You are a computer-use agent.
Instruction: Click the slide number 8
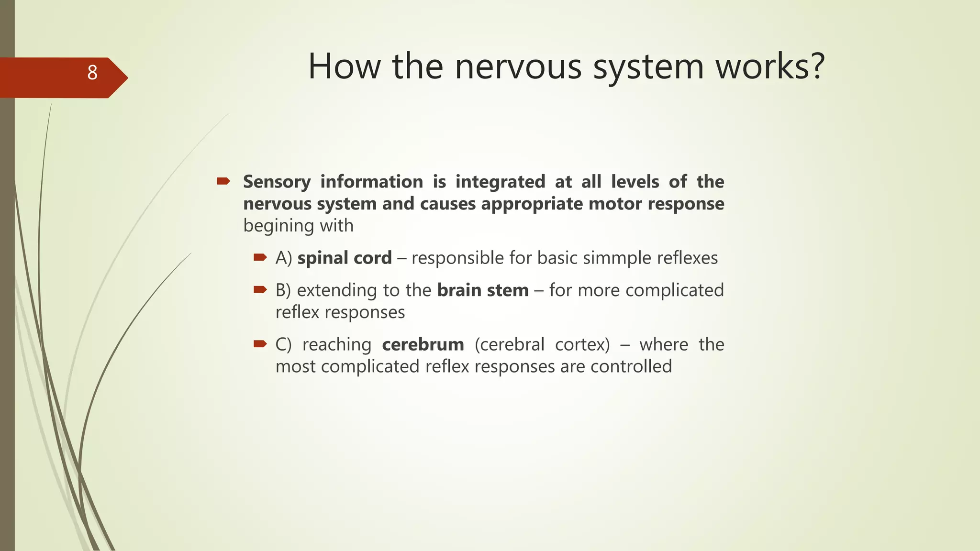pos(92,73)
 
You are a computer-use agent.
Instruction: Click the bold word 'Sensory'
pos(277,182)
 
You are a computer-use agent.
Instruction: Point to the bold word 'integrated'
pos(500,182)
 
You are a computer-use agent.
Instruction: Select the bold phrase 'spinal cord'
pos(345,258)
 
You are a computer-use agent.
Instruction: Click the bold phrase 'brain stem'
pos(483,290)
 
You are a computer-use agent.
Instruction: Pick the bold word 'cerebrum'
pos(423,344)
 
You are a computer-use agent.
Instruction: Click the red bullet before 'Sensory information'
pos(223,181)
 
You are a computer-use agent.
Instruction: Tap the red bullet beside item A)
pos(260,257)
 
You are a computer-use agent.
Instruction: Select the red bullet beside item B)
pos(260,289)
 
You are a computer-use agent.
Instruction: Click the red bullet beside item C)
pos(260,343)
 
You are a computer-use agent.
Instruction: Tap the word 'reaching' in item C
pos(337,344)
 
